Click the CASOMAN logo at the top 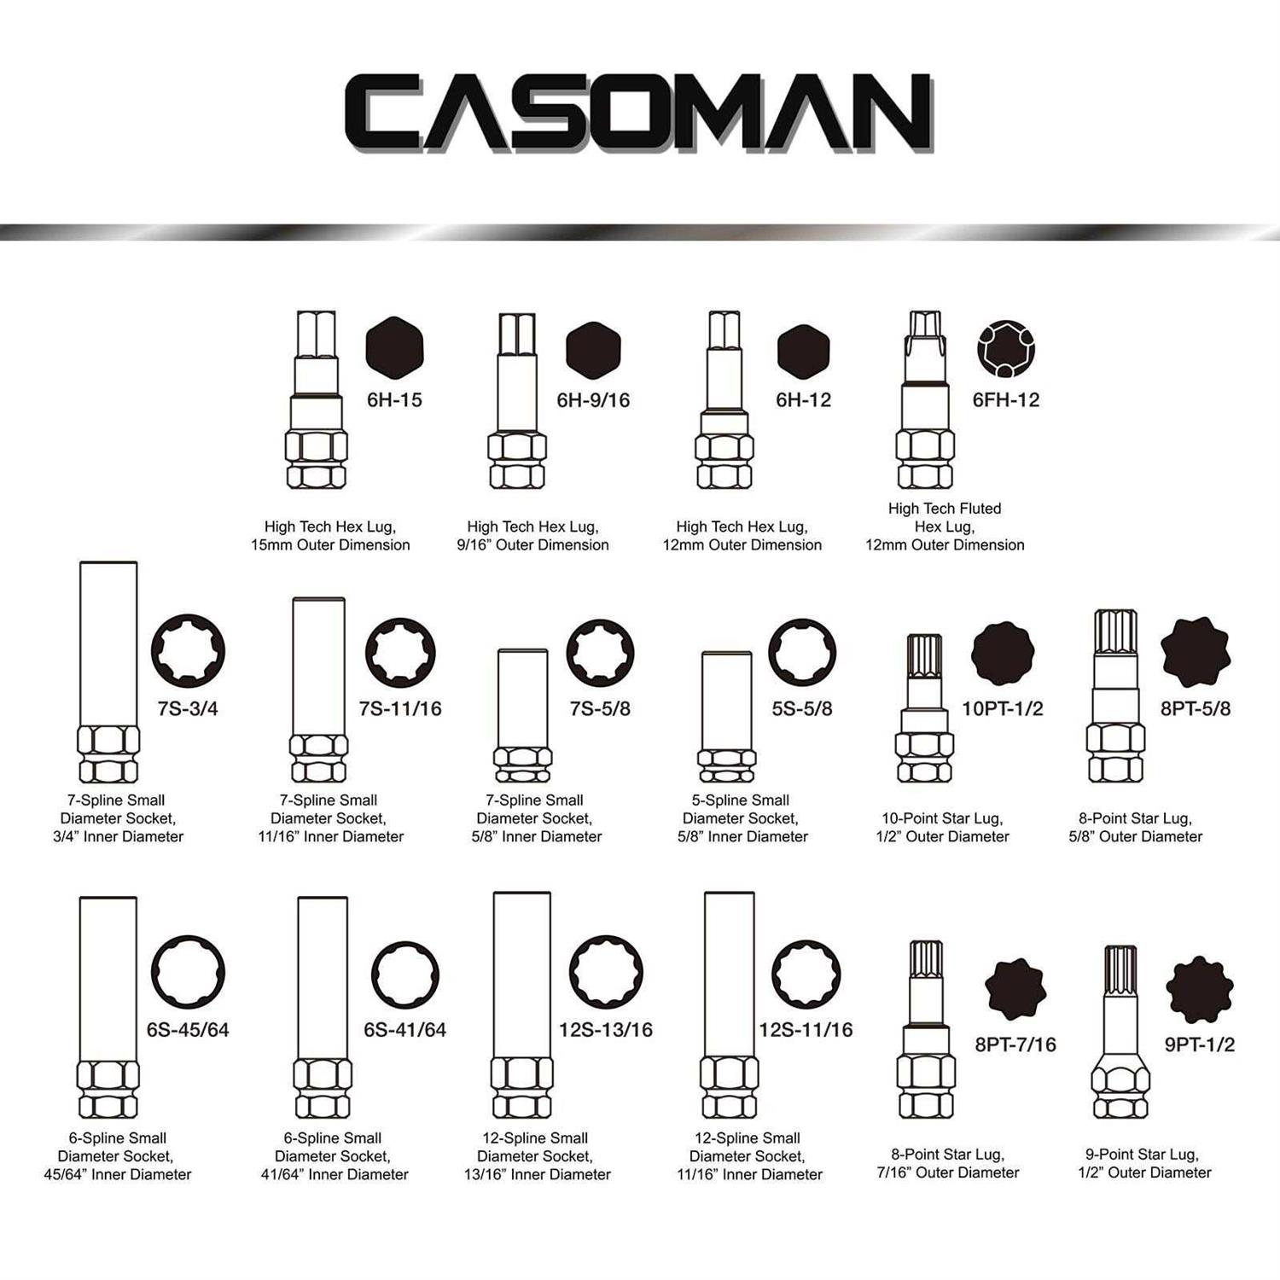tap(638, 113)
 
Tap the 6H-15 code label tap(394, 400)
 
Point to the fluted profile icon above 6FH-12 tap(1006, 349)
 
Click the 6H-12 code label tap(803, 400)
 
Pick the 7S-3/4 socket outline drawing tap(108, 672)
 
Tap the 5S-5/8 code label tap(802, 709)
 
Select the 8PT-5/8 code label tap(1196, 709)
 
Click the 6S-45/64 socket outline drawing tap(108, 1008)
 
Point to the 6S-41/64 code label tap(404, 1030)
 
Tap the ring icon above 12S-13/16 tap(606, 972)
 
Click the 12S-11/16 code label tap(806, 1030)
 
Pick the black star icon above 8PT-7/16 tap(1015, 989)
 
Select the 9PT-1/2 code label tap(1200, 1044)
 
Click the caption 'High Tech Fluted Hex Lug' tap(945, 517)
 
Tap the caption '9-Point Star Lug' tap(1142, 1155)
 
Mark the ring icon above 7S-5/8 tap(600, 653)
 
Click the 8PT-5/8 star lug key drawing tap(1115, 696)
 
